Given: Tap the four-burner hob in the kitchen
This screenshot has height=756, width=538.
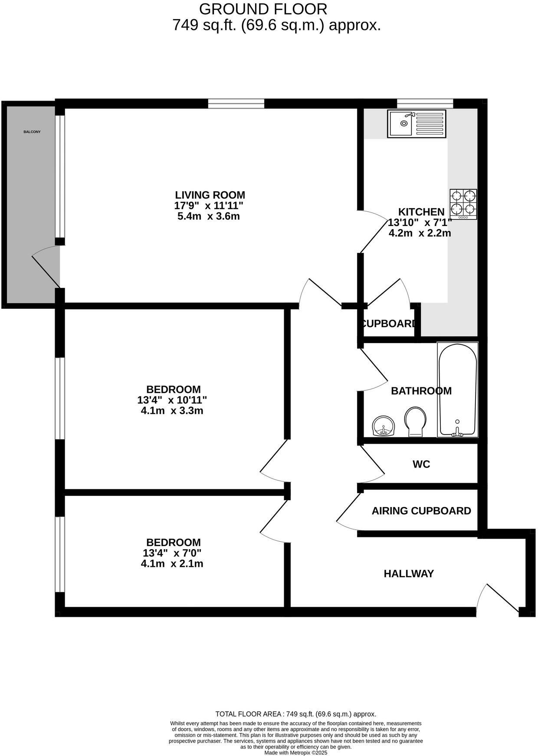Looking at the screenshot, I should [x=463, y=204].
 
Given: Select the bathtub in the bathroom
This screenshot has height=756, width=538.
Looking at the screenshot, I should [x=458, y=389].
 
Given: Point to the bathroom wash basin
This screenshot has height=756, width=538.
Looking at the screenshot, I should [x=384, y=426].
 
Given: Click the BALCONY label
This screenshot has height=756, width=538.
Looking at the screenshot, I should [x=32, y=132].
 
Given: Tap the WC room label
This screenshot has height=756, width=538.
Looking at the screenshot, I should [x=421, y=465].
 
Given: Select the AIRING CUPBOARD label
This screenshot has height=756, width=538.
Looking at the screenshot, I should [x=421, y=511].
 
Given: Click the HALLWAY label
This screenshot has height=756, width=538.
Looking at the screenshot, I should [x=408, y=574].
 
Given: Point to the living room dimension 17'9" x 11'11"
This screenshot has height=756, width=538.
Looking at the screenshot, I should [x=210, y=206].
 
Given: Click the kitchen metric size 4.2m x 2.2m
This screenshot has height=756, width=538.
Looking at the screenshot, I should [x=420, y=233].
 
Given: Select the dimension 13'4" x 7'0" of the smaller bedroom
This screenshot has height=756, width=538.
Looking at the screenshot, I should [x=172, y=553].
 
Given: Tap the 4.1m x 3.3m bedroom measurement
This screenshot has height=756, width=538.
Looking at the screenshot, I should [x=172, y=410].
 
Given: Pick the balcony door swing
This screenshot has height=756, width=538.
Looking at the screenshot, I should [x=46, y=267].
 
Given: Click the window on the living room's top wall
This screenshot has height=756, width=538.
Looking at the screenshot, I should [x=236, y=103].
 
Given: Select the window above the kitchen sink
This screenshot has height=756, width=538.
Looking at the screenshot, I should [x=425, y=103].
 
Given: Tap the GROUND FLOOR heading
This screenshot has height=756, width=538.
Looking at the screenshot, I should [x=263, y=9].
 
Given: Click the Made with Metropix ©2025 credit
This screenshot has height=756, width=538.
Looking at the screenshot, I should [x=295, y=753].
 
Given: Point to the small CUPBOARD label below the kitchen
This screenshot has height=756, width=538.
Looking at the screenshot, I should [x=388, y=324].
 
